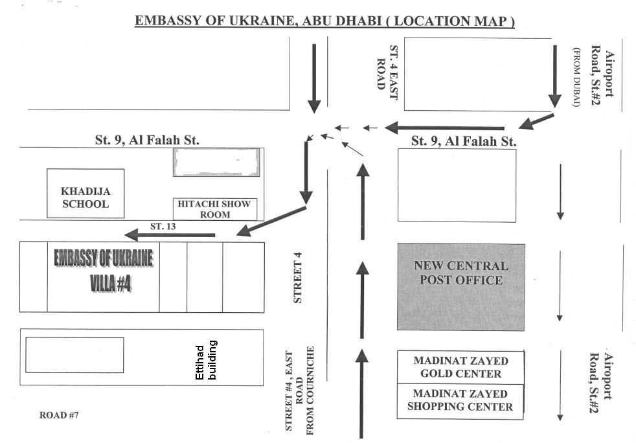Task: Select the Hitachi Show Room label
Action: tap(214, 209)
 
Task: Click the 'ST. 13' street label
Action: tap(163, 227)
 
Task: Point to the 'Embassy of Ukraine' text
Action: tap(104, 258)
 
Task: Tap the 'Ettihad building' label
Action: tap(206, 361)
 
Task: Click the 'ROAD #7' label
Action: tap(59, 415)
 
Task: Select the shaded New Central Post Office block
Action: tap(460, 287)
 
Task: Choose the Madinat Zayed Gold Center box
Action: tap(460, 367)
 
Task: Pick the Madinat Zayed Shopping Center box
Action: tap(460, 401)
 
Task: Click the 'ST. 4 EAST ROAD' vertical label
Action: tap(387, 72)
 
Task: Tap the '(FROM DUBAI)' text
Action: tap(577, 77)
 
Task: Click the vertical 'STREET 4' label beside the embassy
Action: tap(297, 277)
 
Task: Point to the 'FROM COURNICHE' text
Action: tap(310, 391)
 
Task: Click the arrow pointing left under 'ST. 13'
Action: tap(170, 235)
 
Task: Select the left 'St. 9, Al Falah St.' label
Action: tap(147, 140)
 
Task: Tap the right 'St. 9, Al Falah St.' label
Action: tap(464, 141)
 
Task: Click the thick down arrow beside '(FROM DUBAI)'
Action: tap(555, 76)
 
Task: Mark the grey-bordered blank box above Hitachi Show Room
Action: tap(216, 163)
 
